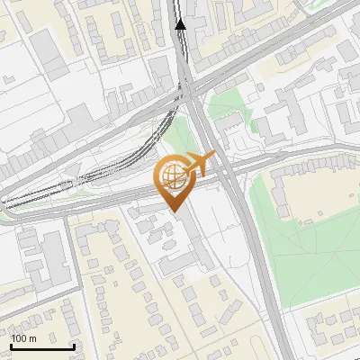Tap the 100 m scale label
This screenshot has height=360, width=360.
24,337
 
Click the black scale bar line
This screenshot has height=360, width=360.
42,346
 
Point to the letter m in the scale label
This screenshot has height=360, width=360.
32,337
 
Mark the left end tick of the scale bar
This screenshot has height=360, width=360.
11,344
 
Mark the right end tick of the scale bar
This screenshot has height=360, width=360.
74,344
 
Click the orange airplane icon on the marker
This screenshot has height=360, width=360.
200,165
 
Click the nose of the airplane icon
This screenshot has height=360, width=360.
215,155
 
